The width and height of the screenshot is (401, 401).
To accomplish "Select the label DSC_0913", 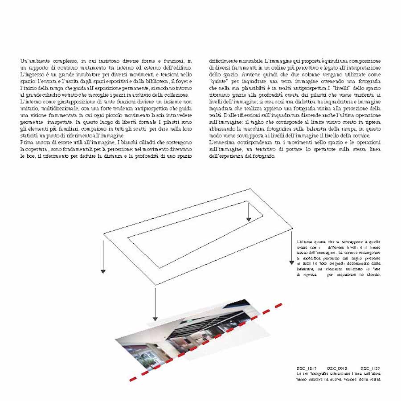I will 336,368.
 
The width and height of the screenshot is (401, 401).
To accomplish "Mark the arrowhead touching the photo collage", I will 155,318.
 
